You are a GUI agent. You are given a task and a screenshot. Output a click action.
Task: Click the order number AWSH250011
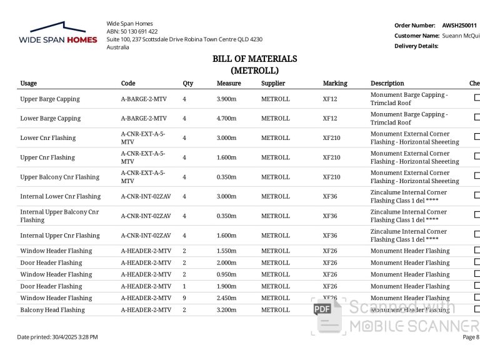pos(459,26)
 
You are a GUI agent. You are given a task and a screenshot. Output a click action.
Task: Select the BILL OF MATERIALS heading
pos(254,59)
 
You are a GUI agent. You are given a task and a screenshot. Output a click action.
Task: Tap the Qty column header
pos(187,83)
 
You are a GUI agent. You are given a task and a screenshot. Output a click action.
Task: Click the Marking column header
pos(335,83)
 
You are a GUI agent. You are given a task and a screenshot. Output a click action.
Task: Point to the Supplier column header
pos(273,83)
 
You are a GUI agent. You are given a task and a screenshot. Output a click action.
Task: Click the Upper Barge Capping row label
pos(50,99)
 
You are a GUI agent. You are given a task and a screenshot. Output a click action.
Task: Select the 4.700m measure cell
pos(226,118)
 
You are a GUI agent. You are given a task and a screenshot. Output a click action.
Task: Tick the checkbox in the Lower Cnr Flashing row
pos(477,137)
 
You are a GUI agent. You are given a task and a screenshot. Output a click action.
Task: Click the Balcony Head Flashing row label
pos(52,310)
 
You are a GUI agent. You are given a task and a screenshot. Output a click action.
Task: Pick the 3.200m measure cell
pos(226,310)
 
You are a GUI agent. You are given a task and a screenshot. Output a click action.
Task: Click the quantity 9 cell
pos(184,298)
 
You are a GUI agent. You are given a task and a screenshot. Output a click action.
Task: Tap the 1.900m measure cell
pos(226,286)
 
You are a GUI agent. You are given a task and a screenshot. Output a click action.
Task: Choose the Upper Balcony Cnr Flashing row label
pos(60,177)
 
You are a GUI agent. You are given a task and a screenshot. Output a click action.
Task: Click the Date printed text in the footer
pos(57,337)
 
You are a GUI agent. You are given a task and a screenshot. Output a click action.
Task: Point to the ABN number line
pos(132,31)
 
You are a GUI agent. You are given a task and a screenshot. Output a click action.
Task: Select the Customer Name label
pos(417,36)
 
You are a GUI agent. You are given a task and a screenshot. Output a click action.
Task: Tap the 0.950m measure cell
pos(226,274)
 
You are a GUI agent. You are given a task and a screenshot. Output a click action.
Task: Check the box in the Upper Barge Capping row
pos(477,97)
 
